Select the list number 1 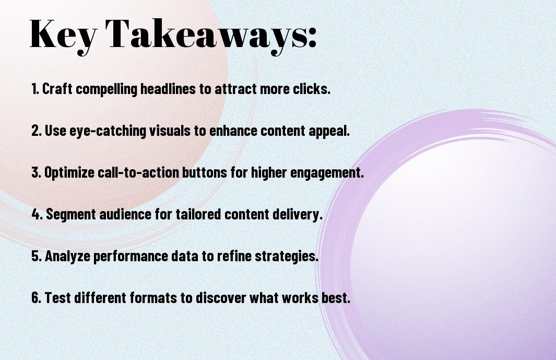pos(35,89)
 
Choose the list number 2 pos(36,131)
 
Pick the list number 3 pos(36,172)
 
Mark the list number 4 pos(37,214)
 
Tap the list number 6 pos(36,298)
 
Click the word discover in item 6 pos(220,298)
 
